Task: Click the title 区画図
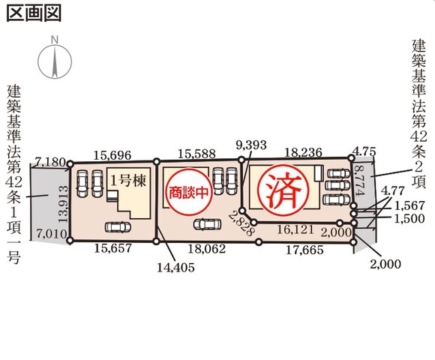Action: point(34,13)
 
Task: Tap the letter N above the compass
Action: point(55,40)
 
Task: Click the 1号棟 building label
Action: point(128,181)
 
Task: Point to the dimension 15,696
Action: point(112,155)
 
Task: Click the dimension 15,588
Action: point(196,154)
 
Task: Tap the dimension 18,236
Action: point(304,152)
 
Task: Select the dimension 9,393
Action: point(251,145)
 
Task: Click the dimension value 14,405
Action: point(176,267)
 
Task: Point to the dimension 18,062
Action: point(207,249)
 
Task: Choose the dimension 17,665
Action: point(304,250)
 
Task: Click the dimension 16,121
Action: point(295,229)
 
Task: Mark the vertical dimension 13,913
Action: point(64,204)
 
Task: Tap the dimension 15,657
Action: point(113,248)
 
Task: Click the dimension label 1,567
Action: point(409,205)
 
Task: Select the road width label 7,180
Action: point(51,162)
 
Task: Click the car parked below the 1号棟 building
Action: point(118,227)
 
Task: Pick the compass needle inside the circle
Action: point(55,62)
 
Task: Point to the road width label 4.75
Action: point(364,152)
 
